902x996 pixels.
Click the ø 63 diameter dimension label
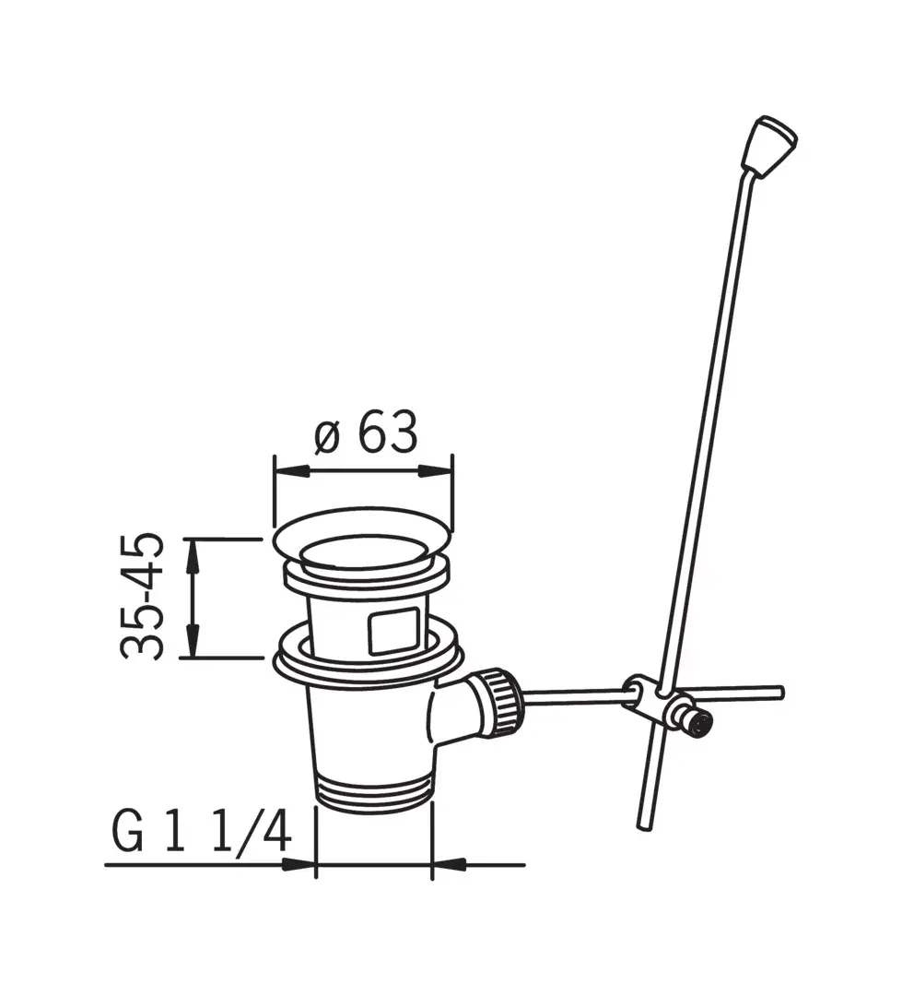click(367, 433)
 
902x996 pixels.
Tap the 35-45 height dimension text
click(142, 596)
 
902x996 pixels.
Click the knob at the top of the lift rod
click(769, 146)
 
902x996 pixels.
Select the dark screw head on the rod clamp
click(701, 725)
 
